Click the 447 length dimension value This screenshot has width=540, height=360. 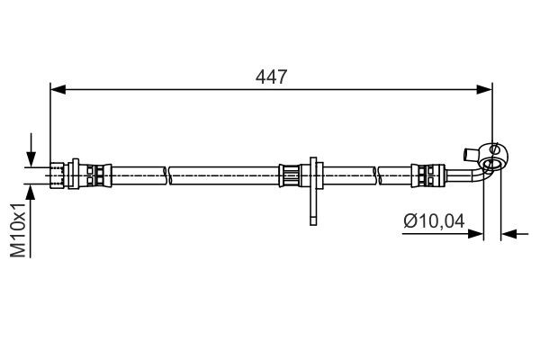pyautogui.click(x=270, y=77)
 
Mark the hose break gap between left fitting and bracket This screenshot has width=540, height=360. pyautogui.click(x=167, y=172)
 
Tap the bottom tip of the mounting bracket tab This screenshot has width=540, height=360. pyautogui.click(x=311, y=221)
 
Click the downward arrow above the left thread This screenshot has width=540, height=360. pyautogui.click(x=33, y=153)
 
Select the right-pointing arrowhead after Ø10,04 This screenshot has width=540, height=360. pyautogui.click(x=477, y=234)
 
